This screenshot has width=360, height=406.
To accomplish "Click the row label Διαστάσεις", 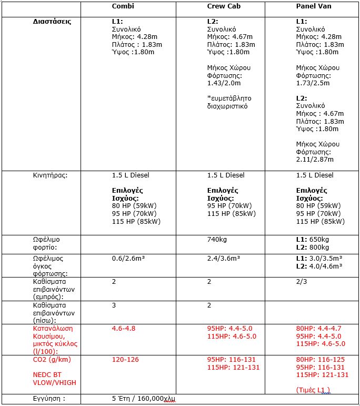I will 48,22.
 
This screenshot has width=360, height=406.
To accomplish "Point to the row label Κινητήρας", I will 51,175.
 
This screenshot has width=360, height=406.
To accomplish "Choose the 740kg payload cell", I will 216,239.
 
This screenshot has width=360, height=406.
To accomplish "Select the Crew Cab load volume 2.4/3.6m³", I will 224,259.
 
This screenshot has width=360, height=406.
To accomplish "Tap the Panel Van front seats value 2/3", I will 302,282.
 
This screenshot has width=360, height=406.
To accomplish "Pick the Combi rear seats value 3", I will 114,305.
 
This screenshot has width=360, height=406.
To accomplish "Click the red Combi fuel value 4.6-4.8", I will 124,328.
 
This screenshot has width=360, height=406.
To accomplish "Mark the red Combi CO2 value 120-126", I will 126,360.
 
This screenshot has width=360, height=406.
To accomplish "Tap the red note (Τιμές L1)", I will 314,390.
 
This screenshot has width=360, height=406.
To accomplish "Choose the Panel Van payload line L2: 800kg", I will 313,246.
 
